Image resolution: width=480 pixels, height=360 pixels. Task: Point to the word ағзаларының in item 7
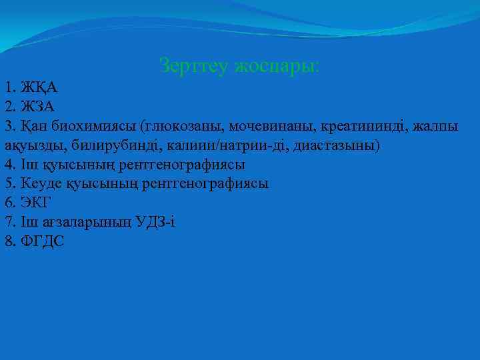coord(74,222)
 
